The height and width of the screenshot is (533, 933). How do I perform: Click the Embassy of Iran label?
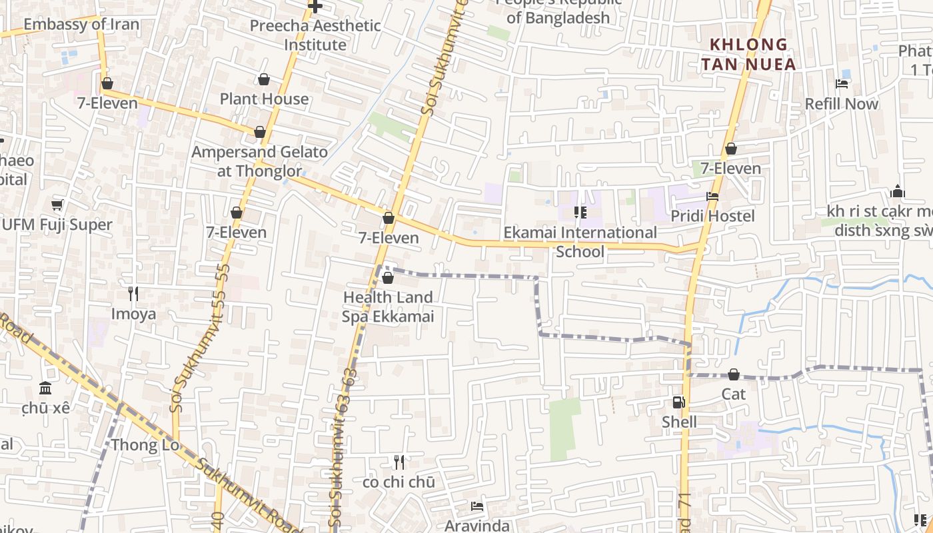[x=81, y=25]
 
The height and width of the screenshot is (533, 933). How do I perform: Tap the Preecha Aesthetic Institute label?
[x=315, y=35]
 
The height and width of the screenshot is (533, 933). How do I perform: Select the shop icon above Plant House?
[x=264, y=80]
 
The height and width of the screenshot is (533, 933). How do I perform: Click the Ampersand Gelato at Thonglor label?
[x=260, y=161]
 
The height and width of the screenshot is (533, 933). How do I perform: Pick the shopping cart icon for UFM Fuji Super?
[x=57, y=205]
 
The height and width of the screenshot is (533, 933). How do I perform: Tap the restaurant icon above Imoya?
[x=133, y=293]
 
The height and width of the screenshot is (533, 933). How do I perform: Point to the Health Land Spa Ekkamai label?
[x=388, y=306]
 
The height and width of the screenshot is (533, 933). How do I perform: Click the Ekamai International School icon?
[x=580, y=213]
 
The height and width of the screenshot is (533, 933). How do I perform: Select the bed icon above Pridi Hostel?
[x=712, y=197]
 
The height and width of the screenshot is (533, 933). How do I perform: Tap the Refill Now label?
[x=842, y=104]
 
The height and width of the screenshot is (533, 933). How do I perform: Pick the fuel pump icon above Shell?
[x=678, y=402]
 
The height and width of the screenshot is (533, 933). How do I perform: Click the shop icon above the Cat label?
[x=734, y=375]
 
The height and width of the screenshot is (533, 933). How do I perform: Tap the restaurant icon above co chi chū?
[x=399, y=462]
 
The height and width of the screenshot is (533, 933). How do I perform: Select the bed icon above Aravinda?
[x=477, y=506]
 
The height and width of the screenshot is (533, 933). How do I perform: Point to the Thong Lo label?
[x=145, y=444]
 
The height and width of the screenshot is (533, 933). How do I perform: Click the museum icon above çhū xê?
[x=45, y=388]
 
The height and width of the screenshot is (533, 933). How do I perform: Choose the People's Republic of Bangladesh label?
[x=558, y=12]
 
